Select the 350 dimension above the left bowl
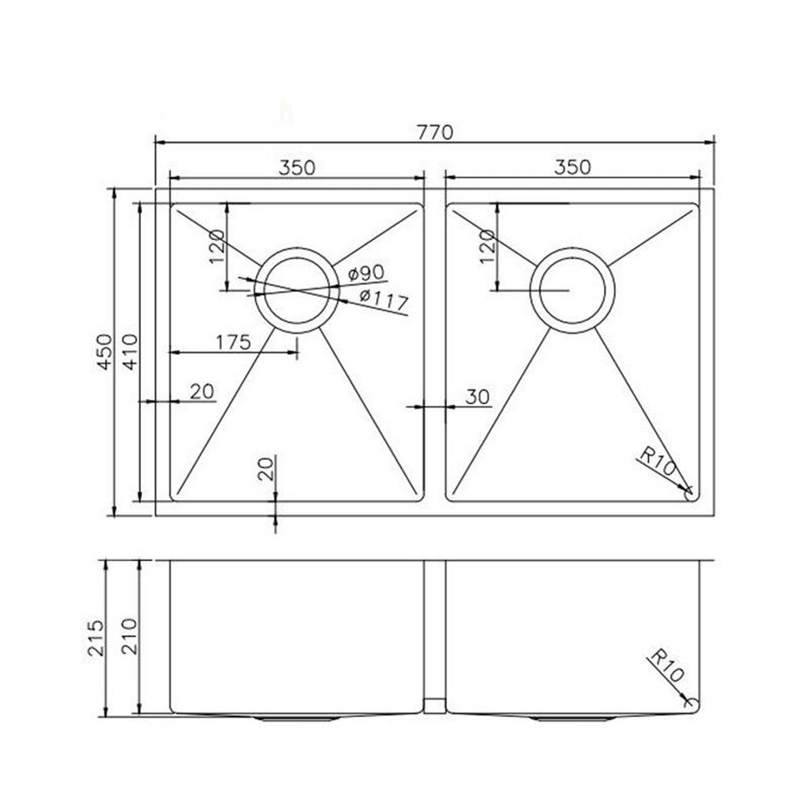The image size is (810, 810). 296,168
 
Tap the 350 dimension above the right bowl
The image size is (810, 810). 572,168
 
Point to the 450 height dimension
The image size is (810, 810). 105,351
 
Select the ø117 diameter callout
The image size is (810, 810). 383,301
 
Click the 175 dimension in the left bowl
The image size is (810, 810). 232,343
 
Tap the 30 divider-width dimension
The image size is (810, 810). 477,397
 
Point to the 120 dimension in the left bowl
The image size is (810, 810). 216,245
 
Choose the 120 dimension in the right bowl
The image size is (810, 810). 486,245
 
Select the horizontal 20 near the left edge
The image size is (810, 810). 202,391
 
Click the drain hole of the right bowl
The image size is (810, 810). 571,289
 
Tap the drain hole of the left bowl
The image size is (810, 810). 296,289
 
